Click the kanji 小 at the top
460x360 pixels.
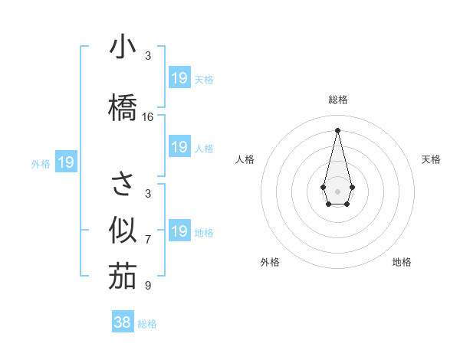122,47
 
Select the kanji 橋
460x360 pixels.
122,106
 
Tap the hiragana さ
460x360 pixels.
122,184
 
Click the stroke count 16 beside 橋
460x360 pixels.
148,117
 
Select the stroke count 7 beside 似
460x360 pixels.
148,240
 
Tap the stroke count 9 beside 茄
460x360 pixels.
148,286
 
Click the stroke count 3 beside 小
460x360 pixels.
148,56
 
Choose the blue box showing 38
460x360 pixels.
123,322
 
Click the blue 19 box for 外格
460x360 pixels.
65,162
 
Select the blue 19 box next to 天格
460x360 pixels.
179,77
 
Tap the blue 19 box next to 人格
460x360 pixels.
179,147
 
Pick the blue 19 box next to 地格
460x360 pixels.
179,231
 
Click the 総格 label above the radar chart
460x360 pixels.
337,100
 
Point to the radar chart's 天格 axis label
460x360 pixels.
431,159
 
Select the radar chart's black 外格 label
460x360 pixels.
270,263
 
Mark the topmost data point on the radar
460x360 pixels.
337,129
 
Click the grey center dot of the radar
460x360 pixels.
337,190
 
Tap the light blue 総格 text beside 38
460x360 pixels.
147,324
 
